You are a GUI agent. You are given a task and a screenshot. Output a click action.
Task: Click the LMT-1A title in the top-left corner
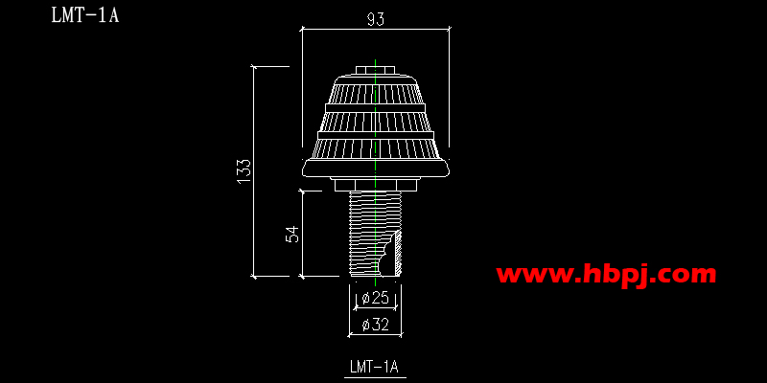[85, 14]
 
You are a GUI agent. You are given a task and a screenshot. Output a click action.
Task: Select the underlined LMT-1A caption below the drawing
[375, 367]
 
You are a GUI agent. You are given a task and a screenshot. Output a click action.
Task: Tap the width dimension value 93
[376, 19]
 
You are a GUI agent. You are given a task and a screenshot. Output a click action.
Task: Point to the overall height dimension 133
[244, 170]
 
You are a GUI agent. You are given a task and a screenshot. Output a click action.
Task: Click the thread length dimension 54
[292, 234]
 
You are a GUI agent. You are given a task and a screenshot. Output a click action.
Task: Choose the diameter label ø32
[375, 325]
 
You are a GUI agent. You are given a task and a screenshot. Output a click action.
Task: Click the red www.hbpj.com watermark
[606, 274]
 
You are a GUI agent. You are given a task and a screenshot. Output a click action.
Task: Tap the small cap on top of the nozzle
[375, 70]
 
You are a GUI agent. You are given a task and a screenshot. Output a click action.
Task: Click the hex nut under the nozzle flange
[376, 185]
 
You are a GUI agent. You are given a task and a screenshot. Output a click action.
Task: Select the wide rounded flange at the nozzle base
[376, 169]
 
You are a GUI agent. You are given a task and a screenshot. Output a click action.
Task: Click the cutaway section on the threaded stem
[390, 254]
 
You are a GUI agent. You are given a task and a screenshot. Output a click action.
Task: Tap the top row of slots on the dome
[376, 93]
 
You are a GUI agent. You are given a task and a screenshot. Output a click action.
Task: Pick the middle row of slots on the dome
[376, 122]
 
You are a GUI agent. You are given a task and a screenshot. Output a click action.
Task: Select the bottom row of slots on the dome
[376, 148]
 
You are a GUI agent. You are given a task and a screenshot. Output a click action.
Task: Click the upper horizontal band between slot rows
[376, 107]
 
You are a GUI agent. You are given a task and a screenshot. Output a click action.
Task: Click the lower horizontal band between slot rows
[376, 135]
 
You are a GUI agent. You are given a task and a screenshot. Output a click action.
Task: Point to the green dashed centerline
[375, 172]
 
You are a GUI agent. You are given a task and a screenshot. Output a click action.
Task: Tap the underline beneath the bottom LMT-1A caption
[375, 377]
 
